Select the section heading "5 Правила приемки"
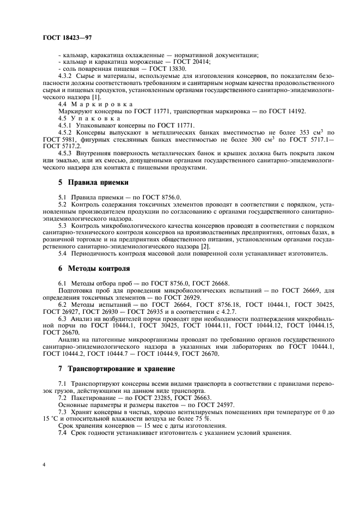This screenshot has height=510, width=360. pyautogui.click(x=93, y=182)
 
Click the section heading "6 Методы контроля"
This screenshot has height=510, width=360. pyautogui.click(x=94, y=269)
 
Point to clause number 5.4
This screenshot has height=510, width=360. pyautogui.click(x=63, y=253)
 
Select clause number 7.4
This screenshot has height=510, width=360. pyautogui.click(x=63, y=433)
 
